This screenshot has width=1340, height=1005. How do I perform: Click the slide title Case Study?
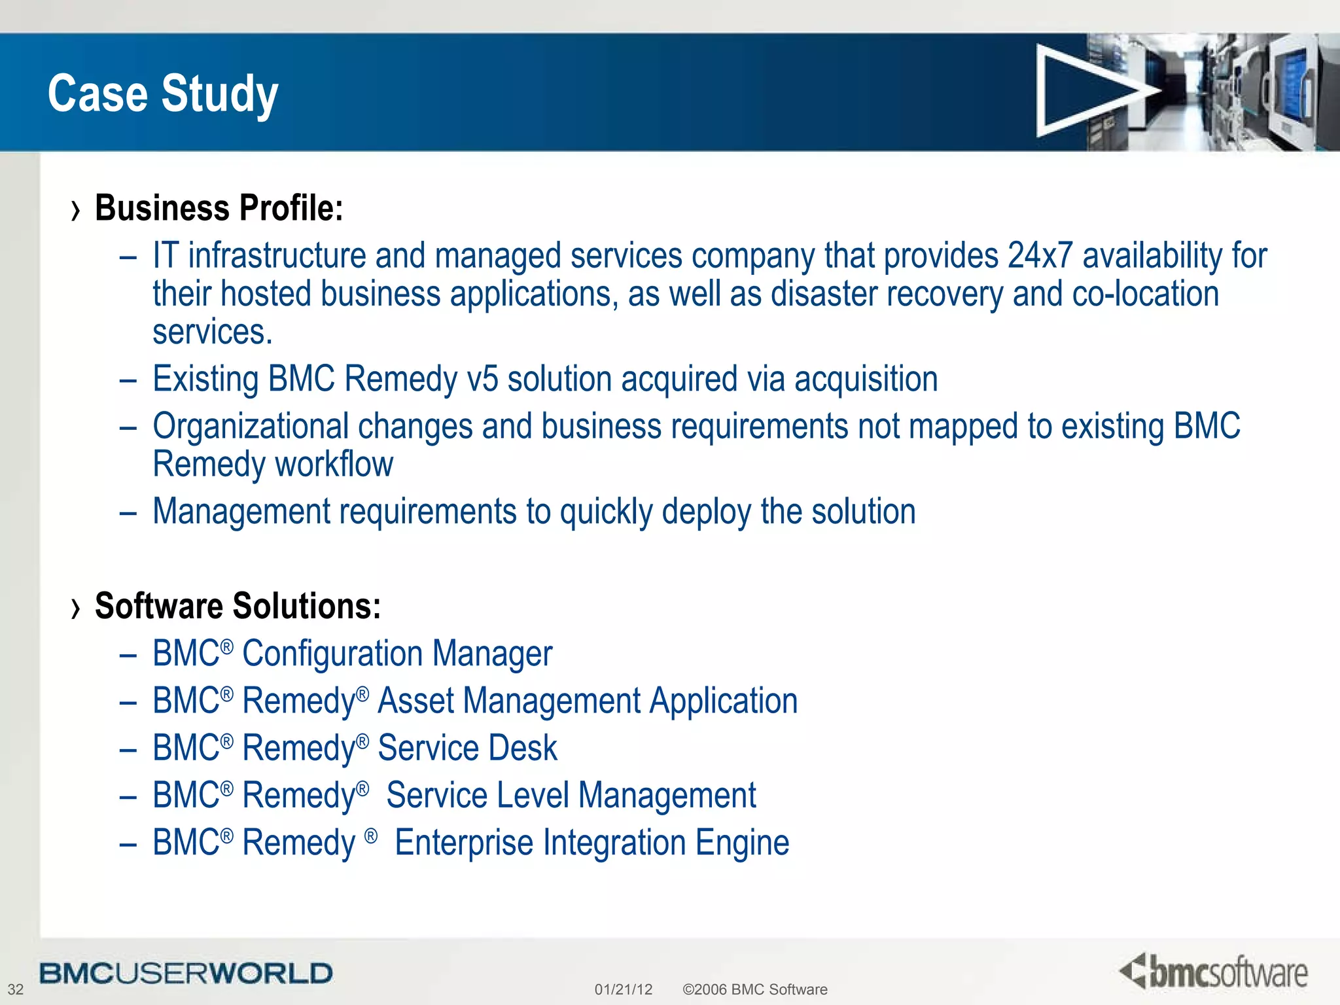[163, 94]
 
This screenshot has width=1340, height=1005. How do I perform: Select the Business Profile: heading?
[219, 208]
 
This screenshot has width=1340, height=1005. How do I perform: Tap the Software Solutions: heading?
[238, 606]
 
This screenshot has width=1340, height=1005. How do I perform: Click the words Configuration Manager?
[397, 654]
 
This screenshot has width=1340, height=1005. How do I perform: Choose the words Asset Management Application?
[588, 701]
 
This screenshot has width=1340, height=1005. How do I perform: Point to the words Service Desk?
[467, 748]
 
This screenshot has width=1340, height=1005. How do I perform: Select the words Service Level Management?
[571, 796]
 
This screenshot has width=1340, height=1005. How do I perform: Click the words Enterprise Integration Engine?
[591, 843]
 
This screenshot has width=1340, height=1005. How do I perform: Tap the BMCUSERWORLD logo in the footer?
[186, 973]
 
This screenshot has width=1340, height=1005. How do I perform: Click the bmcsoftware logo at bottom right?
[1214, 972]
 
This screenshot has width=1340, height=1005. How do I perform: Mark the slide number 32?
[15, 989]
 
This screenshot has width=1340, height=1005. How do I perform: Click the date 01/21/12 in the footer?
[623, 989]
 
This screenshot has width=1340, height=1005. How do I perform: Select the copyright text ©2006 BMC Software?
[754, 989]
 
